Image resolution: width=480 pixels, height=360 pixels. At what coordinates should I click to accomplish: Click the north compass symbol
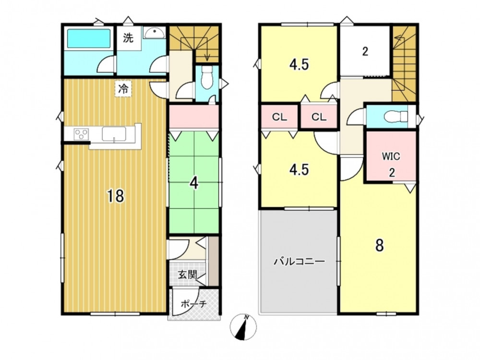point(243,327)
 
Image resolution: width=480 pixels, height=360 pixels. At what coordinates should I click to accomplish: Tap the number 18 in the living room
point(115,196)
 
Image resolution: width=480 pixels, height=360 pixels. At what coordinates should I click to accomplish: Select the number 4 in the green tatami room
point(194,183)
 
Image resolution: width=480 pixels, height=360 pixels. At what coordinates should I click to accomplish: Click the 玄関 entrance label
point(187,275)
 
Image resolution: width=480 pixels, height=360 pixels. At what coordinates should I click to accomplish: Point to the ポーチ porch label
point(194,304)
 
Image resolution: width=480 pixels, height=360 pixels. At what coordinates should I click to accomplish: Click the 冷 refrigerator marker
point(123,89)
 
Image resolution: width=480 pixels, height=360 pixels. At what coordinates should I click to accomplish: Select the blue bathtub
point(89,38)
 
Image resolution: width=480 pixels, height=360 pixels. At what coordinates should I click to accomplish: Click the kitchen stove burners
point(82,134)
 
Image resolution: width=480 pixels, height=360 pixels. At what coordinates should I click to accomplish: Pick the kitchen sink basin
point(114,134)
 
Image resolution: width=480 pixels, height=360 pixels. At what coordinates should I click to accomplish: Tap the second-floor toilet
point(396,116)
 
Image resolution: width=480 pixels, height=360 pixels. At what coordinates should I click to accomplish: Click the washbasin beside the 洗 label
point(154,32)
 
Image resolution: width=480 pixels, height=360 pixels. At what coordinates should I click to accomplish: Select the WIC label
point(391,156)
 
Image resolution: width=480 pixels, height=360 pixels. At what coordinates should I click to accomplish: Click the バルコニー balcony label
point(299,262)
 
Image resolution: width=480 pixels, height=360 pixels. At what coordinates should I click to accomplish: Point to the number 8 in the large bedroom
point(380,245)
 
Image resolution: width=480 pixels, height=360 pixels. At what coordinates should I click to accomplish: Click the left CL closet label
point(279,117)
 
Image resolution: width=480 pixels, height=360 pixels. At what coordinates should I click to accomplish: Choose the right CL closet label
point(319,117)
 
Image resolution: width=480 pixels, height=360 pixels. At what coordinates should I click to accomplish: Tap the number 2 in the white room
point(365,51)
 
